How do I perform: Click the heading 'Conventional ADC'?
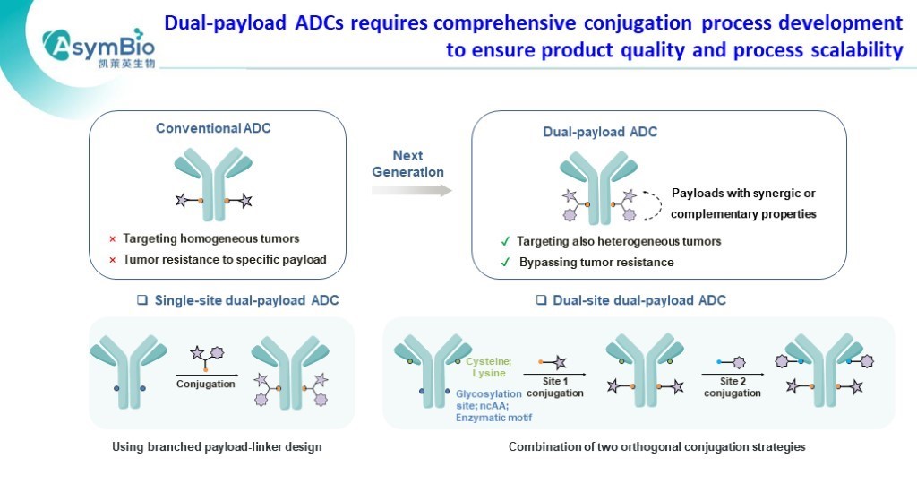tap(213, 128)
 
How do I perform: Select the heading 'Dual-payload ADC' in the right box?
tap(600, 132)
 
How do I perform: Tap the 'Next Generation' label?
tap(407, 164)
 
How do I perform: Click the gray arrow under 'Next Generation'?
tap(411, 190)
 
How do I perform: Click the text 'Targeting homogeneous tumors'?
tap(210, 239)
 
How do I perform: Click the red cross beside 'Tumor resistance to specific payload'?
tap(112, 260)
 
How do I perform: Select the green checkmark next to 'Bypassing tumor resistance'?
tap(505, 263)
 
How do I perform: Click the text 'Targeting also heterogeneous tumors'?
tap(619, 241)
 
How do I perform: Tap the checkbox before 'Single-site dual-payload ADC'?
tap(141, 300)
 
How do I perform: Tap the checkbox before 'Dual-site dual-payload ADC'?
tap(541, 300)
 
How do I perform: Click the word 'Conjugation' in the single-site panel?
tap(205, 385)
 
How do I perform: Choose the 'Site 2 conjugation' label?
tap(732, 386)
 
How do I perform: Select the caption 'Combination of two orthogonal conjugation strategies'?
tap(656, 446)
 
